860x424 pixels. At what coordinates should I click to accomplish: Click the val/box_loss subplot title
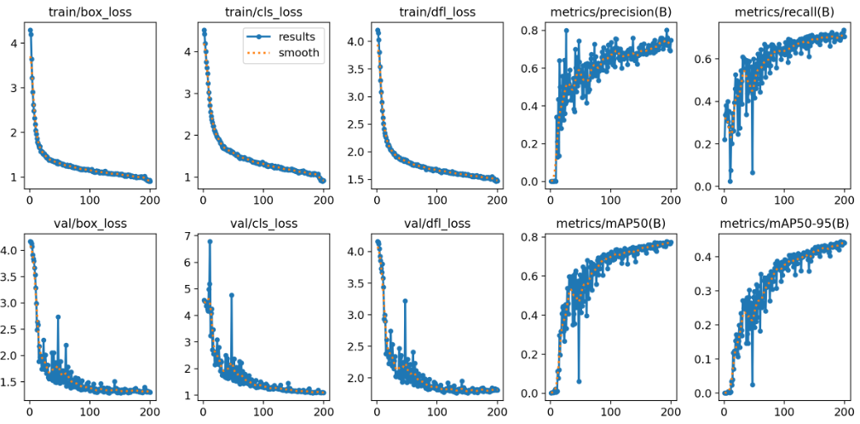click(88, 224)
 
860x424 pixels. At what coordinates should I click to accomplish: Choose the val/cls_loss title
click(262, 224)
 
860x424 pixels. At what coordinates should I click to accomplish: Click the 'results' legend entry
click(296, 37)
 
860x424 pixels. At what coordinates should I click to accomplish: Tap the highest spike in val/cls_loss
click(210, 241)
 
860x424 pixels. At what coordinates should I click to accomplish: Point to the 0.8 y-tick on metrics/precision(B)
click(531, 31)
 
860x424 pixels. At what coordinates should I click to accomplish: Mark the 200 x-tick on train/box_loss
click(149, 201)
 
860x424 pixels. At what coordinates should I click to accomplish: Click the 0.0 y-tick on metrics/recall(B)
click(705, 186)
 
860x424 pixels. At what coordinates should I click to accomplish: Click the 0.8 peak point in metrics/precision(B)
click(566, 31)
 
